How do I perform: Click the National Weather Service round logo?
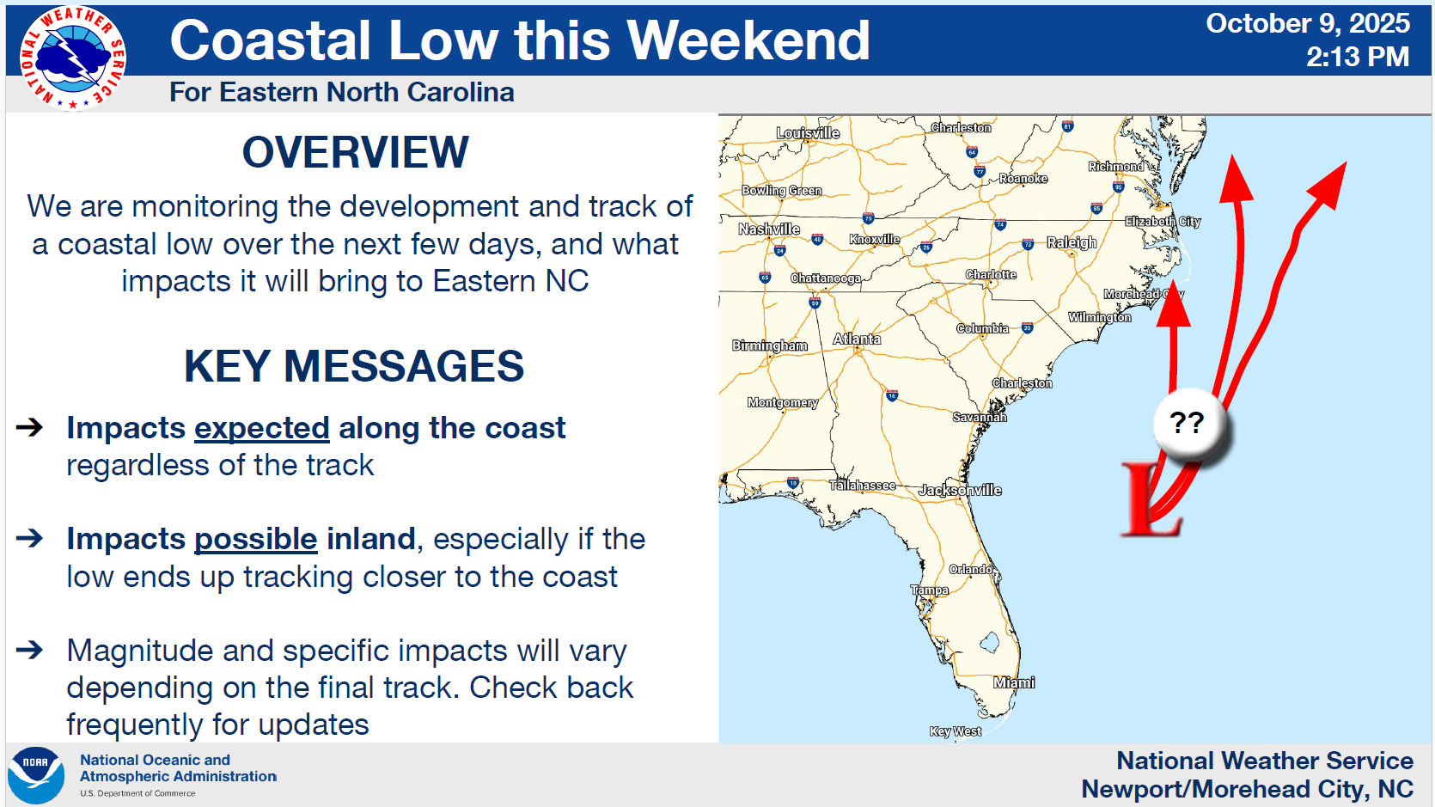pyautogui.click(x=72, y=58)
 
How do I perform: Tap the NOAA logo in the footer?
pyautogui.click(x=36, y=775)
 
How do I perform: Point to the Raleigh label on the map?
pyautogui.click(x=1072, y=242)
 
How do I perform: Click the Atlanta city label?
pyautogui.click(x=857, y=339)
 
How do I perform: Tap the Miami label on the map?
pyautogui.click(x=1014, y=682)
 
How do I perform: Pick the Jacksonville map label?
pyautogui.click(x=961, y=491)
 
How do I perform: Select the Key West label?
pyautogui.click(x=956, y=731)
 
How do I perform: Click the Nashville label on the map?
pyautogui.click(x=769, y=229)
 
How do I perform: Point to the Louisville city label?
pyautogui.click(x=808, y=132)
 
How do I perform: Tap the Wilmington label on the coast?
pyautogui.click(x=1099, y=317)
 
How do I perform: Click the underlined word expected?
pyautogui.click(x=262, y=428)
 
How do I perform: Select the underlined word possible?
pyautogui.click(x=255, y=539)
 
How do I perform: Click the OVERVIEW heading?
pyautogui.click(x=356, y=153)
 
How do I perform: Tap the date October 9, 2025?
pyautogui.click(x=1308, y=24)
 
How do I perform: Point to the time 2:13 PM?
pyautogui.click(x=1358, y=57)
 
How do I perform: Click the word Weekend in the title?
pyautogui.click(x=748, y=40)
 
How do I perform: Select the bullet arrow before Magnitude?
pyautogui.click(x=29, y=650)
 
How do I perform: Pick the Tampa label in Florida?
pyautogui.click(x=930, y=590)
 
